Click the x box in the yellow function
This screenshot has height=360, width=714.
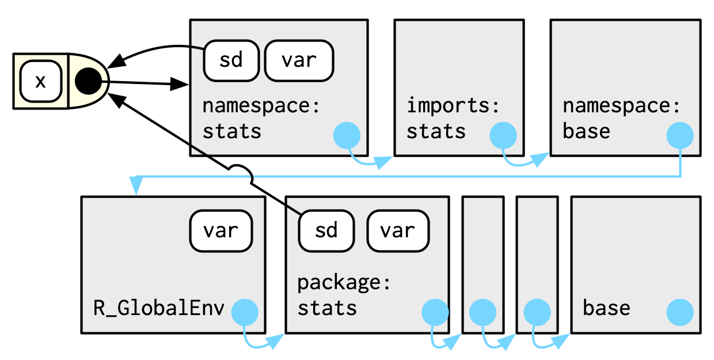coord(41,81)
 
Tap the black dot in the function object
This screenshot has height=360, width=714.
coord(88,81)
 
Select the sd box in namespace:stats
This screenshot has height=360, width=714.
coord(231,60)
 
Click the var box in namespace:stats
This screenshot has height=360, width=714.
coord(299,60)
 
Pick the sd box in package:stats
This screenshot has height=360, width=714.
coord(326,230)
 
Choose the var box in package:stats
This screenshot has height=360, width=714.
coord(398,230)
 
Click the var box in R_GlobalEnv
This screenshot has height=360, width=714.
coord(221,230)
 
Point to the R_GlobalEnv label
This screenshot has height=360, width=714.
coord(159,308)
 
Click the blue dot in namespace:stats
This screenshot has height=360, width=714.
coord(347,136)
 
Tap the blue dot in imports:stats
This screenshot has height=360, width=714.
coord(503,136)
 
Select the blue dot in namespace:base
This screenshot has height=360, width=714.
coord(680,136)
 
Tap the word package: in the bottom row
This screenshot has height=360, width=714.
coord(344,283)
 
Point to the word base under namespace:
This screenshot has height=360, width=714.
coord(586,131)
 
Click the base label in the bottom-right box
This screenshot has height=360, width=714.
coord(606,308)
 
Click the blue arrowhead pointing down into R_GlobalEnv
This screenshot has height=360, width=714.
coord(136,186)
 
